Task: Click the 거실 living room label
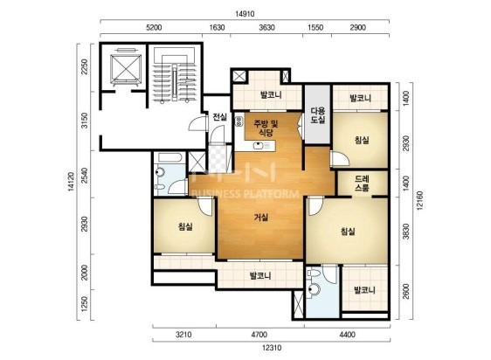(x=261, y=217)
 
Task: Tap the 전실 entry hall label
(x=219, y=117)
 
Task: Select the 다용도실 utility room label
(x=317, y=115)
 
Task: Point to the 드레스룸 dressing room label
(x=362, y=183)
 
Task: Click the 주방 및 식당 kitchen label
(x=266, y=128)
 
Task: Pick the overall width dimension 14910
(x=245, y=14)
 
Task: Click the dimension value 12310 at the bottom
(x=272, y=348)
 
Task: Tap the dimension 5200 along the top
(x=154, y=28)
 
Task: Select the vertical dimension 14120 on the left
(x=71, y=181)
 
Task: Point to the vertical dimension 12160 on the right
(x=419, y=200)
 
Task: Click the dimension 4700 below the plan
(x=259, y=335)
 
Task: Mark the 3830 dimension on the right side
(x=406, y=231)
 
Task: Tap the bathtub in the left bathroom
(x=170, y=157)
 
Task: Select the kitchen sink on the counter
(x=258, y=146)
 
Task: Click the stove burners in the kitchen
(x=239, y=121)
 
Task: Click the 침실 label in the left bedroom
(x=185, y=226)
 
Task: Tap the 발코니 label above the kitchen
(x=271, y=94)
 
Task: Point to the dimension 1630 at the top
(x=217, y=28)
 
